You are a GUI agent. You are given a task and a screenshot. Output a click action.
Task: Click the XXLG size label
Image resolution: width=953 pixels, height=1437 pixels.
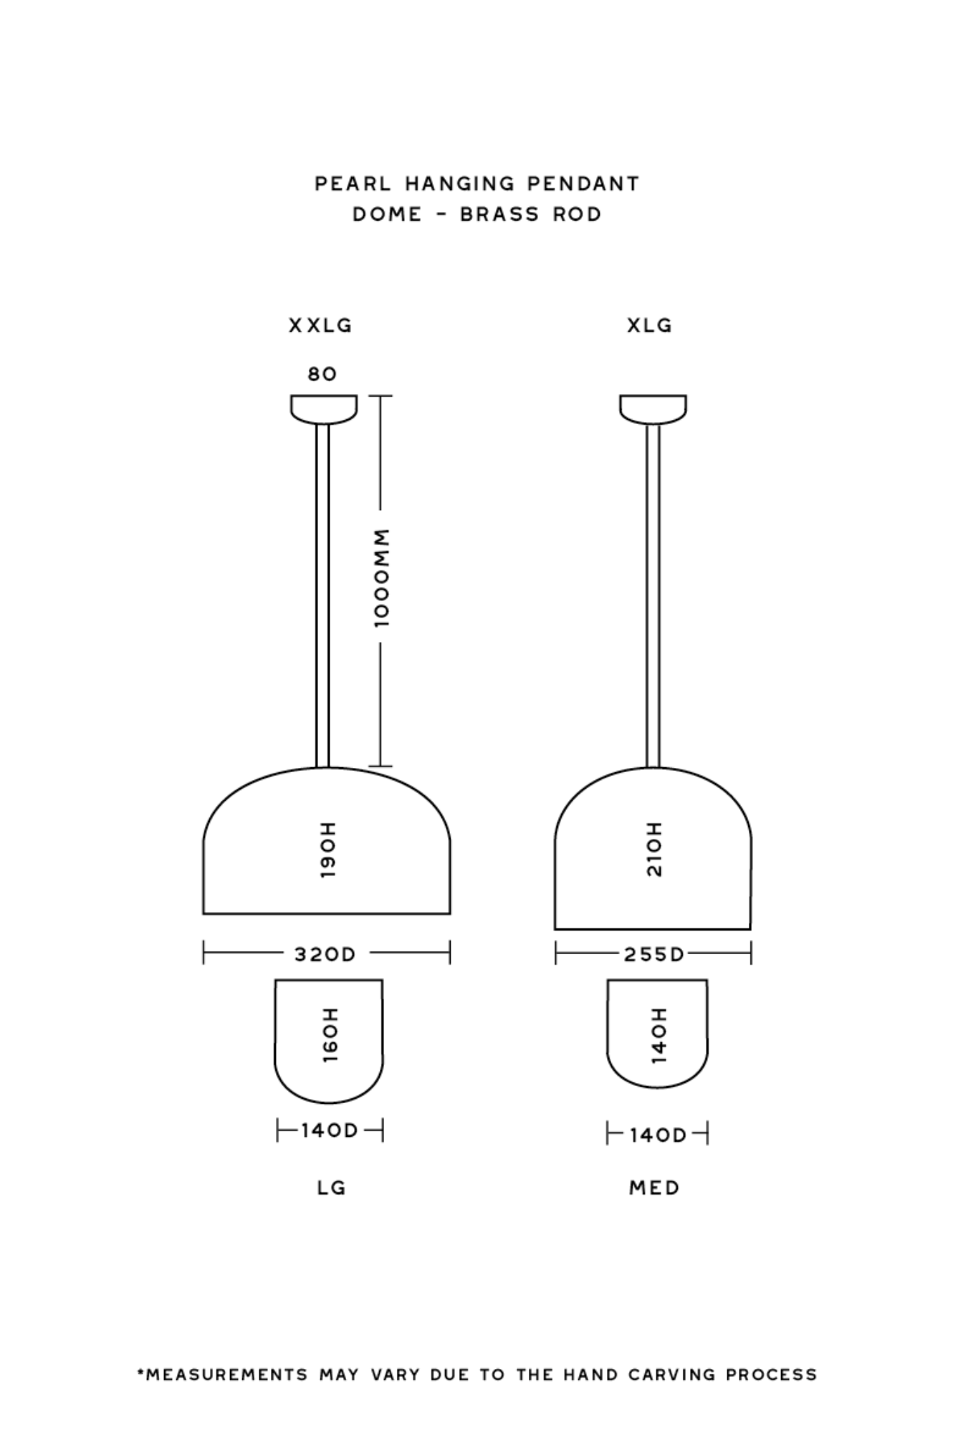coord(320,326)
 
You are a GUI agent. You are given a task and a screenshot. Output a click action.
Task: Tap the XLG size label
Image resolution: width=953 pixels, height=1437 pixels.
coord(650,326)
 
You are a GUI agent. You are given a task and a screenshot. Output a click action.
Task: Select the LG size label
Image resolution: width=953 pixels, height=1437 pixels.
coord(332,1188)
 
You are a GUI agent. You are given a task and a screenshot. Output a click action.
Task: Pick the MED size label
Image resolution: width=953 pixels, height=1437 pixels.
coord(654,1188)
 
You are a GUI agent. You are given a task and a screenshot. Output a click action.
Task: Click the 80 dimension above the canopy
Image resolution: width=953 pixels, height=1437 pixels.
coord(322,374)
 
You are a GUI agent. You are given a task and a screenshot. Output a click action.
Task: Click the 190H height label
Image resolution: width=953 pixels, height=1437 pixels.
coord(327,850)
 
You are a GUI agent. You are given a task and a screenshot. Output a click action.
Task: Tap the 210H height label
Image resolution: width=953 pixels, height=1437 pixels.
coord(655,850)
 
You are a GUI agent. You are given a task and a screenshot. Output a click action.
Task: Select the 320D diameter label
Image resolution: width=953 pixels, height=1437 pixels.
coord(325,954)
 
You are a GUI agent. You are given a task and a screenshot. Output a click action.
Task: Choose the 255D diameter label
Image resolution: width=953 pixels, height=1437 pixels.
coord(654,954)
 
